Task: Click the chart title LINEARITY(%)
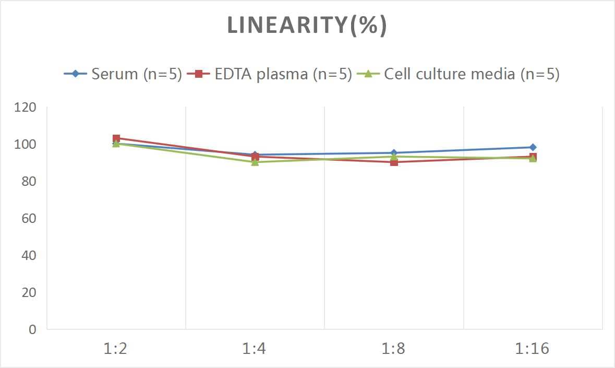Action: [x=307, y=26]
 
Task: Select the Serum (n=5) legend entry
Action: [x=123, y=74]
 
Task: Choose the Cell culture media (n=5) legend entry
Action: [x=459, y=74]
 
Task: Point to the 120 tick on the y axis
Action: [x=26, y=108]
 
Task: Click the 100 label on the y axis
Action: [x=26, y=144]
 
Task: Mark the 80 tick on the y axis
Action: [x=28, y=181]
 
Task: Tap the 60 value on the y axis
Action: [x=28, y=218]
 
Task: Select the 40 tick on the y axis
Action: [x=28, y=255]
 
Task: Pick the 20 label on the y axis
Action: [x=28, y=292]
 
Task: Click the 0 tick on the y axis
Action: [x=32, y=329]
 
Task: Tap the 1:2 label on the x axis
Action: [x=116, y=349]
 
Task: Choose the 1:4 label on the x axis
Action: [x=255, y=349]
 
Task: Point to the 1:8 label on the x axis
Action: [x=394, y=349]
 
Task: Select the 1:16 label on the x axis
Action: [x=533, y=349]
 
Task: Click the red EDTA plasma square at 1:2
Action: [x=116, y=138]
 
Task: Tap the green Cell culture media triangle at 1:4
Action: [x=255, y=162]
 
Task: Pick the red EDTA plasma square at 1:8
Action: [x=394, y=162]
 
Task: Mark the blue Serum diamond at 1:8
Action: [x=394, y=153]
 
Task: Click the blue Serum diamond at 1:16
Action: [x=533, y=147]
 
